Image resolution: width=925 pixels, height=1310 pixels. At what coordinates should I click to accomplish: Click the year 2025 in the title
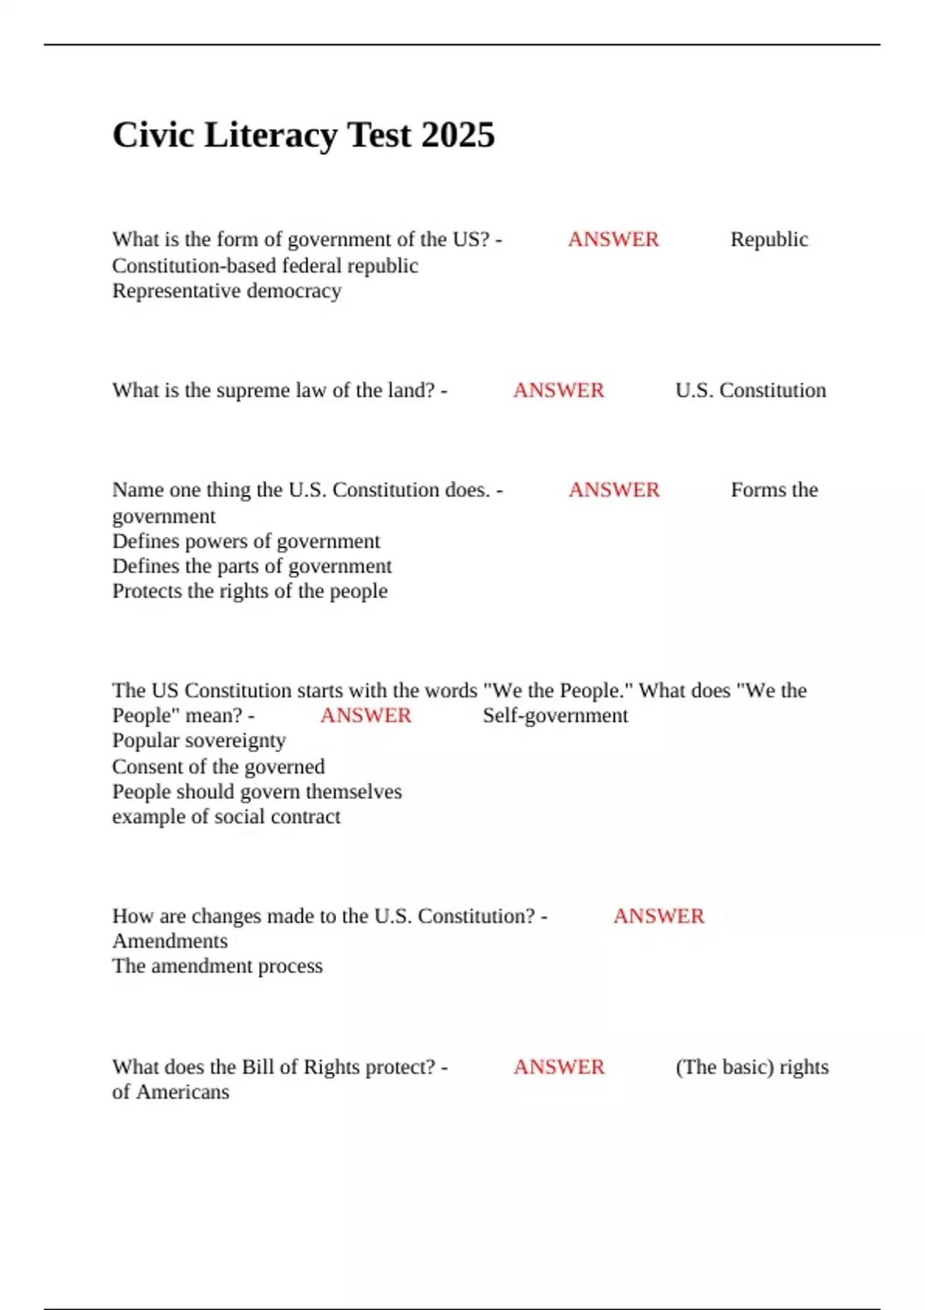[458, 136]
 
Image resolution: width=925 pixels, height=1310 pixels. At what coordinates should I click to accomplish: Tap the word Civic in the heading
[153, 136]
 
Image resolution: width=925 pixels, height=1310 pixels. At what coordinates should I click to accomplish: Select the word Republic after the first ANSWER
[769, 240]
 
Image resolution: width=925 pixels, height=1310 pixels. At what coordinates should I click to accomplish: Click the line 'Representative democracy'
[227, 291]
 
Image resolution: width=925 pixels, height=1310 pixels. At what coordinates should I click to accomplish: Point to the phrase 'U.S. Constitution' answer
[750, 391]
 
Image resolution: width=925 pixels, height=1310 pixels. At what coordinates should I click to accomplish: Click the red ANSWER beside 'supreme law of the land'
[559, 391]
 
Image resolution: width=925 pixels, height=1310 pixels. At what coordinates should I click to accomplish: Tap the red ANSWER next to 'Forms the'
[614, 490]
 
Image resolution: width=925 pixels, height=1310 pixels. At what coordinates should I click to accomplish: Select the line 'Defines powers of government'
[246, 541]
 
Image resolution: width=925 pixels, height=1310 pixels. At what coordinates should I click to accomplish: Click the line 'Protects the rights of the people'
[250, 591]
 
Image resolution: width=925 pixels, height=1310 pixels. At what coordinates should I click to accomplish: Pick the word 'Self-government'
[555, 716]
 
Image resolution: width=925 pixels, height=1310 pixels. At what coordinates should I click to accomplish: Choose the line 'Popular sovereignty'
[199, 741]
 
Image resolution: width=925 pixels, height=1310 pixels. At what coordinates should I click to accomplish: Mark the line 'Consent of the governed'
[218, 767]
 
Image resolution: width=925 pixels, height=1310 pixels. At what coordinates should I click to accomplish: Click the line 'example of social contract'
[226, 817]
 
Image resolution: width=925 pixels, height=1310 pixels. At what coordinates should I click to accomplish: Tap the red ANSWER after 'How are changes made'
[658, 916]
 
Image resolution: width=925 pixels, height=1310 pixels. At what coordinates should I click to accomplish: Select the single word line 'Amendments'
[170, 941]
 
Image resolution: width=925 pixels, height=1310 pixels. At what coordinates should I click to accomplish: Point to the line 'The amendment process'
[217, 966]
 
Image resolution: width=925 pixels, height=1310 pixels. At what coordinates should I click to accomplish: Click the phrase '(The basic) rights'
[752, 1067]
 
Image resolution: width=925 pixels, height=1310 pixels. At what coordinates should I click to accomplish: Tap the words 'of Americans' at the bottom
[170, 1092]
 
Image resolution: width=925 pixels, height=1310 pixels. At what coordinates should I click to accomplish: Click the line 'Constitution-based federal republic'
[264, 266]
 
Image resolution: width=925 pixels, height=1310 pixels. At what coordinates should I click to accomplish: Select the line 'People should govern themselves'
[257, 791]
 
